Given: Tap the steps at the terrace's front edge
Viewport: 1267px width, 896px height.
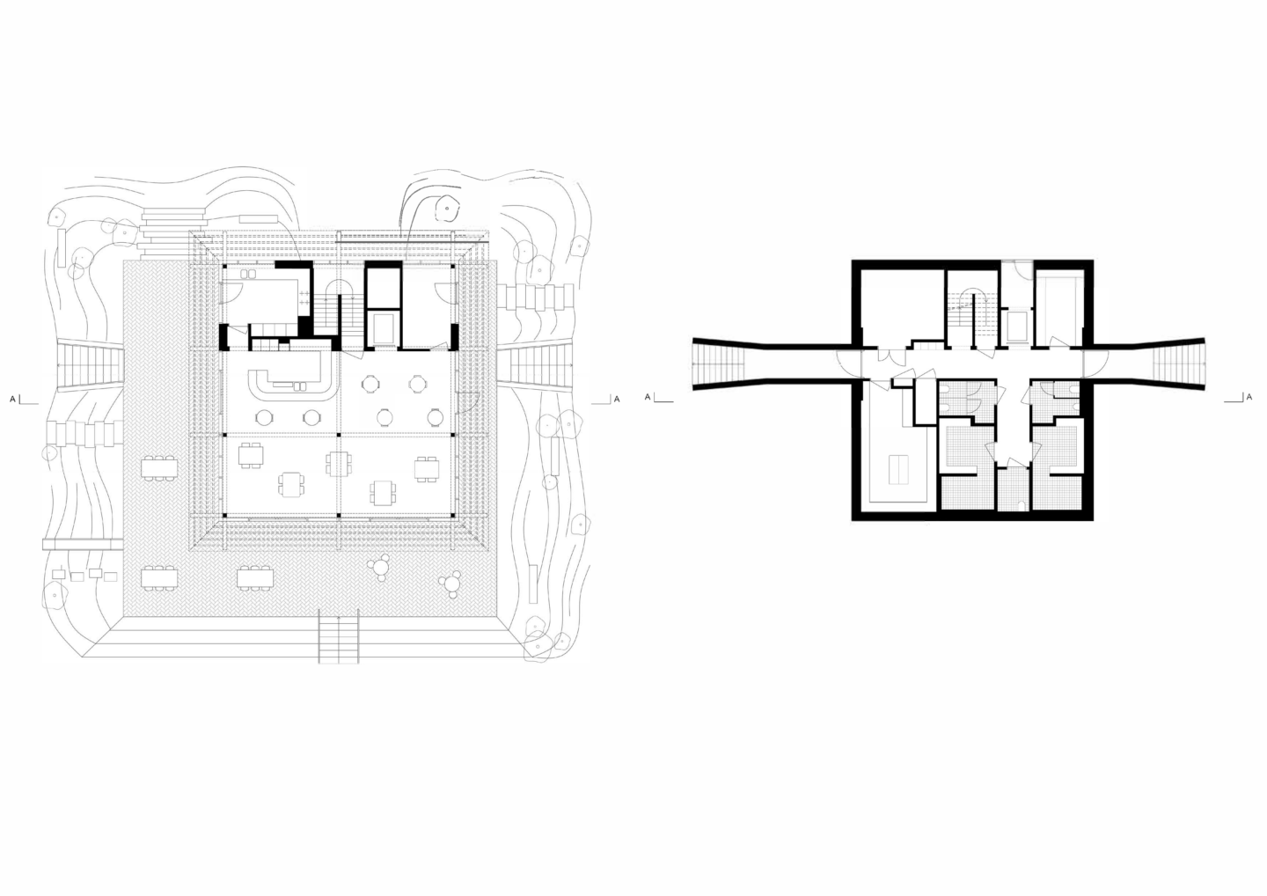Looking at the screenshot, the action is [339, 636].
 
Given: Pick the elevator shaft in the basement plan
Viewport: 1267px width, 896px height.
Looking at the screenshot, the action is [1017, 326].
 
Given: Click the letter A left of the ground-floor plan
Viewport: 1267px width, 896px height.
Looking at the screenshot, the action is [12, 400].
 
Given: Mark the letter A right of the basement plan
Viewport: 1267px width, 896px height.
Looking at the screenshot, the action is [1249, 398].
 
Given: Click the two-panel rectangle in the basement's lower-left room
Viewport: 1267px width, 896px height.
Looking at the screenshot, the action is [898, 469].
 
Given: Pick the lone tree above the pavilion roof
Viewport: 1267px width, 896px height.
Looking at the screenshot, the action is [447, 209].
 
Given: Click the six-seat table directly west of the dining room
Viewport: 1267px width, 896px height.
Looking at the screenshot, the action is [159, 467].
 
